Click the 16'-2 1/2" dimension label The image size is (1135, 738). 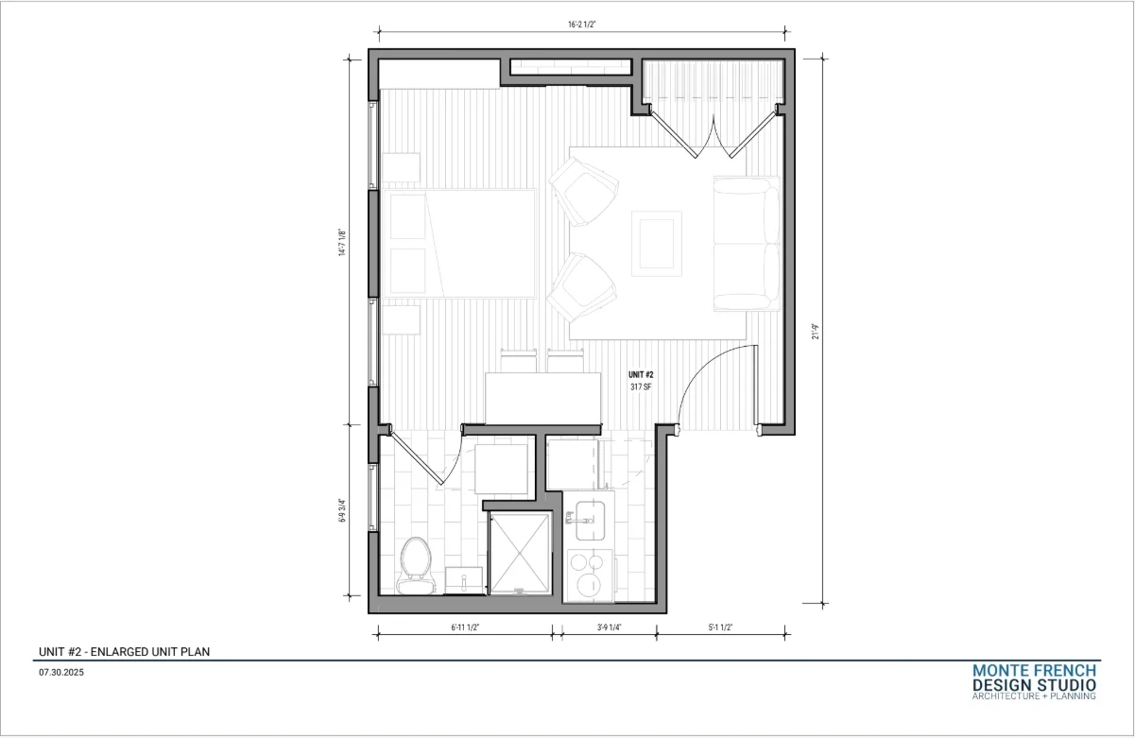pyautogui.click(x=582, y=25)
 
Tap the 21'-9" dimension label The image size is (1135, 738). pyautogui.click(x=816, y=332)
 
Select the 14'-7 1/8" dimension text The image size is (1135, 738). pyautogui.click(x=342, y=243)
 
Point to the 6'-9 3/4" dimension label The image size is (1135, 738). pyautogui.click(x=342, y=510)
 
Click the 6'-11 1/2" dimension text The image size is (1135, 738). pyautogui.click(x=465, y=627)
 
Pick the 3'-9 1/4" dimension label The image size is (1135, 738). pyautogui.click(x=609, y=627)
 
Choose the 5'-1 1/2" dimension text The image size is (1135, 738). pyautogui.click(x=720, y=627)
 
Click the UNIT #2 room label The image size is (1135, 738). pyautogui.click(x=641, y=375)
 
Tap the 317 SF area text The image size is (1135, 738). pyautogui.click(x=641, y=387)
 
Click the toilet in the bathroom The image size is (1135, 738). pyautogui.click(x=416, y=565)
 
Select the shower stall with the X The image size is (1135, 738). pyautogui.click(x=521, y=553)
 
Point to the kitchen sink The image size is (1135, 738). pyautogui.click(x=590, y=521)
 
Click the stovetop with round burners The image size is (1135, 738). pyautogui.click(x=590, y=575)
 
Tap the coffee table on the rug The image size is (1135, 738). pyautogui.click(x=656, y=244)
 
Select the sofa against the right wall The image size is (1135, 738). pyautogui.click(x=747, y=244)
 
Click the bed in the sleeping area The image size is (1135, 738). pyautogui.click(x=459, y=243)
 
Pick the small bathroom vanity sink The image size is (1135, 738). pyautogui.click(x=464, y=580)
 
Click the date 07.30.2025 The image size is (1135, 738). pyautogui.click(x=61, y=673)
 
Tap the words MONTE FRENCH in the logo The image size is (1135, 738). pyautogui.click(x=1034, y=671)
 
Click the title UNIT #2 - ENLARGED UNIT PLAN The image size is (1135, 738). pyautogui.click(x=124, y=652)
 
